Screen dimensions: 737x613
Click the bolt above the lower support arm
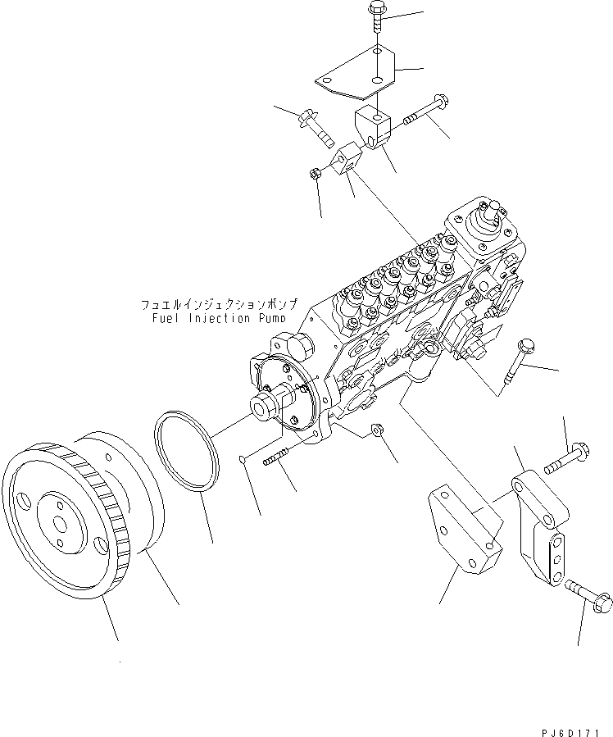coord(565,457)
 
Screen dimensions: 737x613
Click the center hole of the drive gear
coord(60,521)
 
